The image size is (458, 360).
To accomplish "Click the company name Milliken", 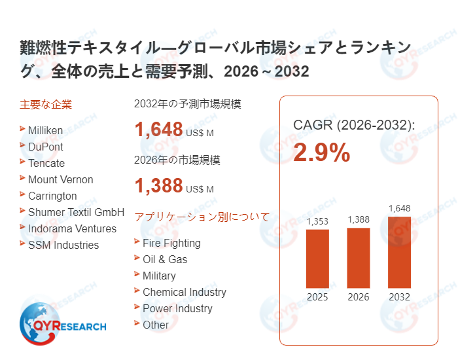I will click(45, 130).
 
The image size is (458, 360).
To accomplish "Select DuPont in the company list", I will click(45, 147).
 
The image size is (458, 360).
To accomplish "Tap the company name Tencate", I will click(46, 163).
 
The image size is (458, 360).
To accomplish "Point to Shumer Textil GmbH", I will click(76, 212).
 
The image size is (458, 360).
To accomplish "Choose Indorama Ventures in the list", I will click(72, 228).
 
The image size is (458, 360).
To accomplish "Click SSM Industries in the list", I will click(63, 245).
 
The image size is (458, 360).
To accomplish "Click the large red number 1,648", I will click(158, 129).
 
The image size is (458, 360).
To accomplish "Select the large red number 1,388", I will click(158, 186).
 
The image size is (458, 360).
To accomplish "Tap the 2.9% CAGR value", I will click(321, 153).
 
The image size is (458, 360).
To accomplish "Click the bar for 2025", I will click(318, 259).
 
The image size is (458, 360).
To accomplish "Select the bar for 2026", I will click(359, 258).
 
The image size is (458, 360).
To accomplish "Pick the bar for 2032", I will click(399, 252).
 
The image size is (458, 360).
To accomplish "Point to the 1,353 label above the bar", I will click(318, 221).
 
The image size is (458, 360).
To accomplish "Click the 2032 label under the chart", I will click(399, 297).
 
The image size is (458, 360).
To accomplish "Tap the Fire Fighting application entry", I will click(171, 243).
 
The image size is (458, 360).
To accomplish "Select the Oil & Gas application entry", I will click(165, 259).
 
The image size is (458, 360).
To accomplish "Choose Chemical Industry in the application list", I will click(184, 292).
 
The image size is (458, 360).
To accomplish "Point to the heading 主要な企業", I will click(46, 104).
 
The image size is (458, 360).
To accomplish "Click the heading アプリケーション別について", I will click(202, 217).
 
